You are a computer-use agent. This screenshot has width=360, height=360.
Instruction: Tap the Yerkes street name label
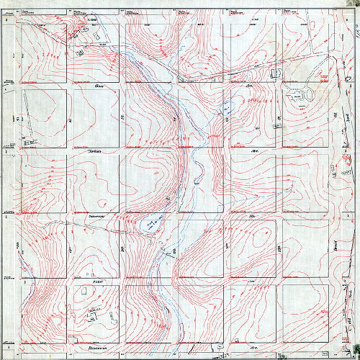click(94, 151)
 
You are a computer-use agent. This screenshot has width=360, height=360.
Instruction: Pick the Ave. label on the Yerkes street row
click(253, 151)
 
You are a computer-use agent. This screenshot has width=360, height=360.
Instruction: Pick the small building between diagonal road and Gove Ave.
click(274, 73)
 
